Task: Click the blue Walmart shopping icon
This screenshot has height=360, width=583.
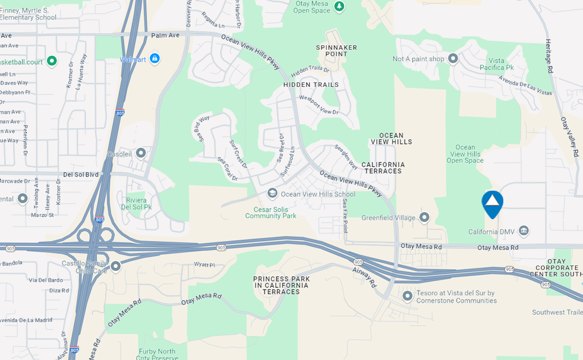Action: point(155,58)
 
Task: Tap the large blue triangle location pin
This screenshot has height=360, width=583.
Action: point(492,204)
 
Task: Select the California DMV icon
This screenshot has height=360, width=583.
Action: point(524,230)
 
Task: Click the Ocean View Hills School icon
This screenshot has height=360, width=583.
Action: point(272,193)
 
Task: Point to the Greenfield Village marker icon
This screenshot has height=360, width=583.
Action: point(424,217)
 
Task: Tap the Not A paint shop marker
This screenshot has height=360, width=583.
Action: point(453,58)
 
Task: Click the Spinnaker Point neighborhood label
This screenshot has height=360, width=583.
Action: point(332,50)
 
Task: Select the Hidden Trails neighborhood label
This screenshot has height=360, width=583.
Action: point(311,84)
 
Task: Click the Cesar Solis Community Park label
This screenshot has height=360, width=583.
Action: point(275,212)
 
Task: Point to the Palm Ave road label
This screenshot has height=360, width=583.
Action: point(165,36)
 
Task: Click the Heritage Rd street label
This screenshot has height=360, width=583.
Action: point(549,57)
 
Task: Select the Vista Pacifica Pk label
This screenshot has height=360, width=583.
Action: point(496,64)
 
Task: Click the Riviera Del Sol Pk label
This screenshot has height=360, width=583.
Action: point(137,203)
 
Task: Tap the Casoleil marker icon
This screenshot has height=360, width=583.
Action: point(141,153)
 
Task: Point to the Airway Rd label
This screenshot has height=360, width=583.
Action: point(364,276)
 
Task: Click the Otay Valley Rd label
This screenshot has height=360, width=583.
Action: point(569,136)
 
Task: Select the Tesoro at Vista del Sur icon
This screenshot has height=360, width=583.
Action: point(408,295)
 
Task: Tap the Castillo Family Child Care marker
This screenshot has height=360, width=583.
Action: point(115,266)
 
